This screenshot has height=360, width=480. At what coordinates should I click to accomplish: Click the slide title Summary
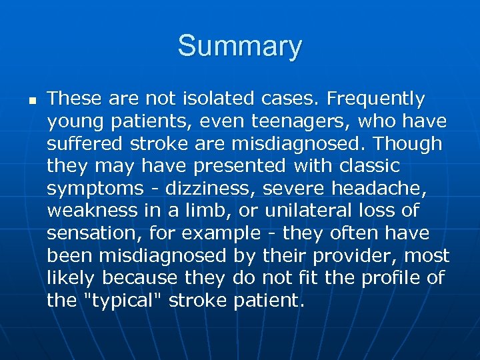[239, 47]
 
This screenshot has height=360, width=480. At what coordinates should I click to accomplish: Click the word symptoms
[91, 189]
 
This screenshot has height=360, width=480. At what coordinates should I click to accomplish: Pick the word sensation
[89, 233]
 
